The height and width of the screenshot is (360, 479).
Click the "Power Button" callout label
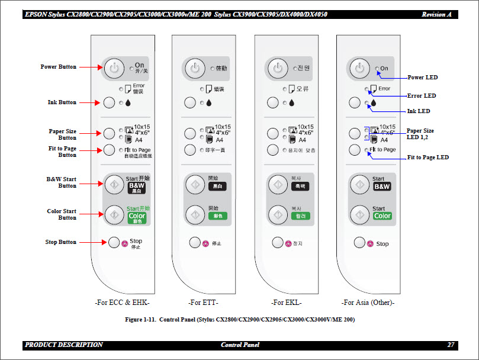[x=58, y=67]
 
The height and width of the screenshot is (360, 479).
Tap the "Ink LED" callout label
[x=418, y=111]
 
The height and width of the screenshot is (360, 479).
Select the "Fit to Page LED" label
[x=427, y=157]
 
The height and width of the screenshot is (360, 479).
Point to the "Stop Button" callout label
[x=60, y=242]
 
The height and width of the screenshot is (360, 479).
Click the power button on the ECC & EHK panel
[x=114, y=68]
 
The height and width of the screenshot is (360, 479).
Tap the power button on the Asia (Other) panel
[x=359, y=68]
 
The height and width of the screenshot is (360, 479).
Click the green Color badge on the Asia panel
[x=382, y=216]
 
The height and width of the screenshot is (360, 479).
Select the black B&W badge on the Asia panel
[x=382, y=187]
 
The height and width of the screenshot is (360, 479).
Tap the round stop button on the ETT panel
[x=195, y=242]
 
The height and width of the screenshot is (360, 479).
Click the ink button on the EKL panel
[x=273, y=103]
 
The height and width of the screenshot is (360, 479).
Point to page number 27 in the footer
[x=451, y=345]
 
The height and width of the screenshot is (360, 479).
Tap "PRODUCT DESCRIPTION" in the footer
[x=64, y=345]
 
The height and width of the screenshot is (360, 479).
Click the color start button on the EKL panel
[x=277, y=214]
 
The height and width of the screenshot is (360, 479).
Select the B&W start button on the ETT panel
[x=195, y=184]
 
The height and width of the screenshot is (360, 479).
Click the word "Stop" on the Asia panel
[x=382, y=243]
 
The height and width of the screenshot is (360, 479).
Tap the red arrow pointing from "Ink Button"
[x=89, y=103]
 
